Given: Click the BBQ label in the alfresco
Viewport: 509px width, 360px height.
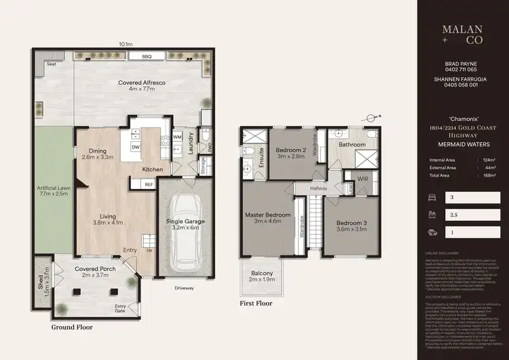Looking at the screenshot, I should click(x=147, y=56).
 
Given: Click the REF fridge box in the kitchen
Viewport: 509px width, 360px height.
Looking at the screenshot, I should click(x=149, y=184).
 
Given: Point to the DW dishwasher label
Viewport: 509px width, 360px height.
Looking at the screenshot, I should click(x=135, y=147).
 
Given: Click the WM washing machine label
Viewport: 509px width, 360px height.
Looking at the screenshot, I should click(x=177, y=137).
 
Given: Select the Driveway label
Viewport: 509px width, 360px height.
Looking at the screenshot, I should click(x=183, y=288).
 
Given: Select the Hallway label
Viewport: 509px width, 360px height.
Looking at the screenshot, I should click(x=318, y=188).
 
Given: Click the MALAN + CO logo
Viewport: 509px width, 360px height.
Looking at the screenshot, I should click(x=461, y=35).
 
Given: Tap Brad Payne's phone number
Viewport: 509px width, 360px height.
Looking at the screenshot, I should click(x=461, y=69).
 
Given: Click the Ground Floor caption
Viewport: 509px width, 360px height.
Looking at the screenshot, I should click(x=72, y=327).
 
